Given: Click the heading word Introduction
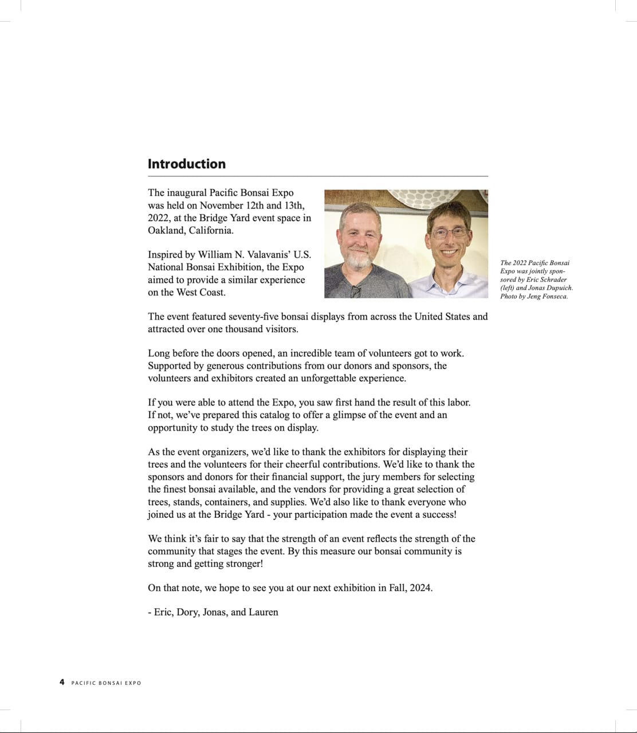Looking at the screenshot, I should (x=186, y=164).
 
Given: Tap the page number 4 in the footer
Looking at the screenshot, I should (x=62, y=682).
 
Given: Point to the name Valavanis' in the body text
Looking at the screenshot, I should (x=268, y=254).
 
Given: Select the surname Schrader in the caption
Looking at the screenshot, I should (x=553, y=279).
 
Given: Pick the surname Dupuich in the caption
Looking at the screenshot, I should (x=556, y=288).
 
